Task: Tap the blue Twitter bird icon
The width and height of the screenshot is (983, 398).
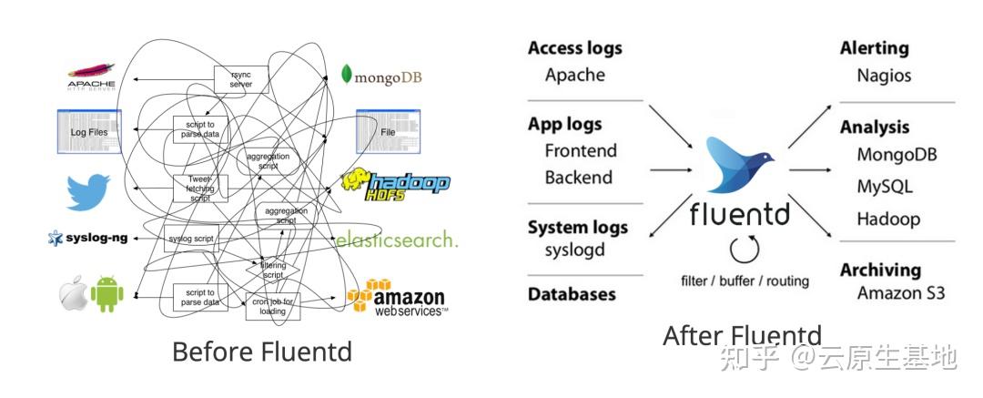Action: coord(88,192)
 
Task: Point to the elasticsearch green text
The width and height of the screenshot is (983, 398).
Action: coord(397,240)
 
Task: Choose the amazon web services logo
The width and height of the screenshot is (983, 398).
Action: coord(398,298)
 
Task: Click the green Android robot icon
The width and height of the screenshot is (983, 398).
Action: coord(106,294)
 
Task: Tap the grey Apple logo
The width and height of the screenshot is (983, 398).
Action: coord(73,294)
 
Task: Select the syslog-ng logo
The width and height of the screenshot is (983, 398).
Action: coord(87,239)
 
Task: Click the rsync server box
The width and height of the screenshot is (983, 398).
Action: coord(240,79)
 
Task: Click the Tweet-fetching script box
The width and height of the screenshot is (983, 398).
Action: coord(199,189)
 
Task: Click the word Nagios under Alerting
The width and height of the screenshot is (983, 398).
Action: coord(884,76)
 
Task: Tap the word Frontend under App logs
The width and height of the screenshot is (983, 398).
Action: coord(581,150)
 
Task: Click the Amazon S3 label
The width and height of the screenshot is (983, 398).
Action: coord(901,292)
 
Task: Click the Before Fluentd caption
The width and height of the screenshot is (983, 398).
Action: coord(261,352)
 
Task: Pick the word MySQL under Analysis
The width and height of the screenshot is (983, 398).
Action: coord(884,187)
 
